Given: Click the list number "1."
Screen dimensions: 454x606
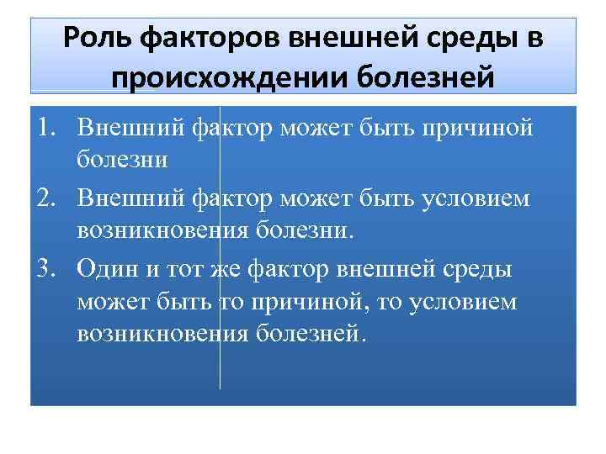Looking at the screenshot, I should [47, 128].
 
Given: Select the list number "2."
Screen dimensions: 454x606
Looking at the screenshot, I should [47, 198].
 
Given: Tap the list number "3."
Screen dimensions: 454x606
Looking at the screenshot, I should [47, 269].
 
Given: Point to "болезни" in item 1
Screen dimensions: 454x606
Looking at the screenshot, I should [123, 157].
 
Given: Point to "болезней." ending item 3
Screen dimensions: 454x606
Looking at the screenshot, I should [312, 333].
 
